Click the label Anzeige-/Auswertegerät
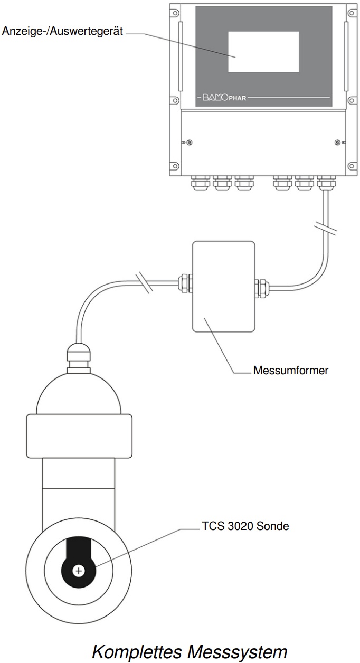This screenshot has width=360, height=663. (x=63, y=32)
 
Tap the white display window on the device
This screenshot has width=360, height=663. (x=263, y=51)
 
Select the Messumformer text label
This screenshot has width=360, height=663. (x=290, y=370)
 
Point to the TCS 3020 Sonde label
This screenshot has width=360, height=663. (x=245, y=526)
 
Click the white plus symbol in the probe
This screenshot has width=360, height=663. (x=79, y=571)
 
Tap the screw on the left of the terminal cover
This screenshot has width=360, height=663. (x=189, y=143)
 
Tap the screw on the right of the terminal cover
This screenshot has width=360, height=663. (x=337, y=143)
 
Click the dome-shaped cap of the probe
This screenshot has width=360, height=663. (x=79, y=391)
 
